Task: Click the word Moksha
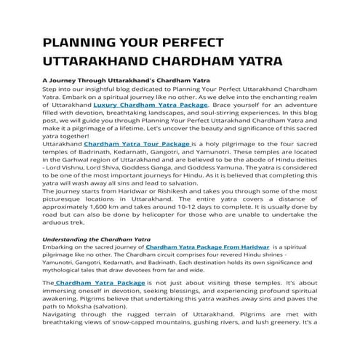[72, 305]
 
